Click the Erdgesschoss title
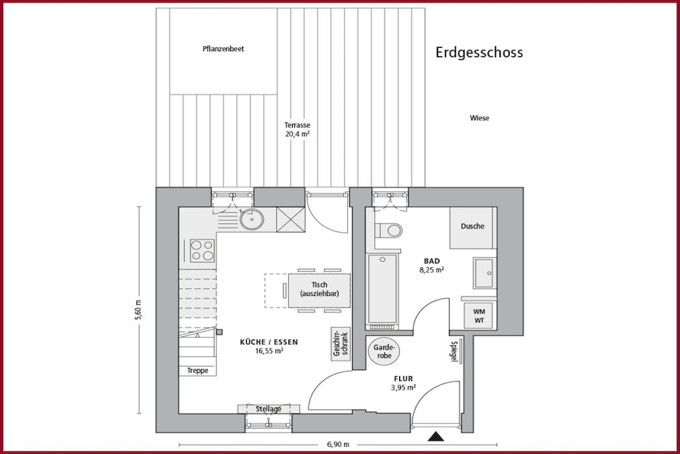click(x=479, y=53)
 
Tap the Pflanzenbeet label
click(x=223, y=49)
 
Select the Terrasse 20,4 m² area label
click(x=297, y=130)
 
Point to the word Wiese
click(x=479, y=118)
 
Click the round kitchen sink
click(x=252, y=219)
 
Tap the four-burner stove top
click(x=202, y=251)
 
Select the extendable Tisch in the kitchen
click(x=319, y=290)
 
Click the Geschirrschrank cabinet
click(x=341, y=344)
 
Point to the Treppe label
click(x=198, y=371)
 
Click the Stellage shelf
click(x=268, y=409)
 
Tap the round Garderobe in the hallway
click(x=384, y=352)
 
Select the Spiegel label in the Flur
click(x=454, y=352)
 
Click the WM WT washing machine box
click(x=479, y=316)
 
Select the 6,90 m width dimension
click(x=338, y=445)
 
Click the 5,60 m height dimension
click(x=139, y=310)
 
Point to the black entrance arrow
click(x=436, y=437)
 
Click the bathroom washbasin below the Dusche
click(x=484, y=273)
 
